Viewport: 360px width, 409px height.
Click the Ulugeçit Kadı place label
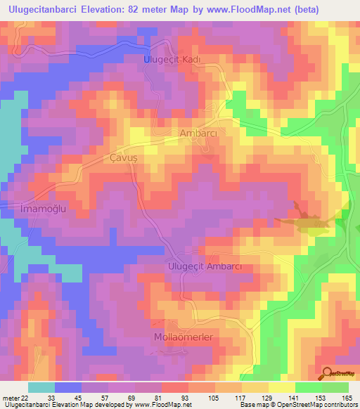click(172, 60)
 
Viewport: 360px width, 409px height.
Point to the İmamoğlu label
click(40, 209)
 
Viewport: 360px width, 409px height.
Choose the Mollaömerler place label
click(183, 337)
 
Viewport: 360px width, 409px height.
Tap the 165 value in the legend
click(346, 397)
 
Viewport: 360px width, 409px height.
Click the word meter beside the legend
click(9, 397)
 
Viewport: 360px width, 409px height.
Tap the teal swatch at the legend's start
click(41, 387)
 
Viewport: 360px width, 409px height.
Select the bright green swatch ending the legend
click(335, 387)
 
